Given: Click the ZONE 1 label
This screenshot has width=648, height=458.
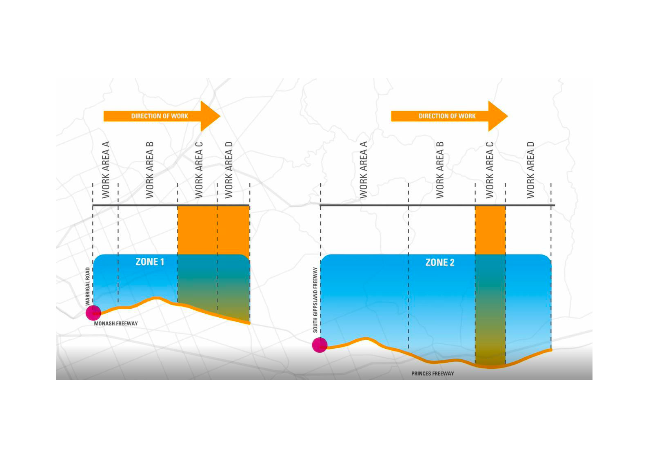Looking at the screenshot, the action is coord(150,262).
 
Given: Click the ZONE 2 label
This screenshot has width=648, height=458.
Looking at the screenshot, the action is coord(439,263).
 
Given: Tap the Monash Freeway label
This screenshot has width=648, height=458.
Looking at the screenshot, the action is coord(116,323).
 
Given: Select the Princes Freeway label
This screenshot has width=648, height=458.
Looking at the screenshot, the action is coord(433,374).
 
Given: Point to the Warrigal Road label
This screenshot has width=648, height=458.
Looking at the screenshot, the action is coord(88,286).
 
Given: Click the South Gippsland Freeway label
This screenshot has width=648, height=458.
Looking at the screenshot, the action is coord(315,300).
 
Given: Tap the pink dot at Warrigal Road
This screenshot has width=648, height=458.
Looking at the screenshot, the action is coord(93,313).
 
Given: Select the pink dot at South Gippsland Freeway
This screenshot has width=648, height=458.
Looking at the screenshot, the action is coord(320,345).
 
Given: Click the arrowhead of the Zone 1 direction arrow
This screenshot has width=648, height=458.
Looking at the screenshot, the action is coord(210,116).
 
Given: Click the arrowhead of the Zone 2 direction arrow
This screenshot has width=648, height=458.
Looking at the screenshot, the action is coord(497,116).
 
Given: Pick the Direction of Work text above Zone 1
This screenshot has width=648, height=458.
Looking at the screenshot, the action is coord(160,116).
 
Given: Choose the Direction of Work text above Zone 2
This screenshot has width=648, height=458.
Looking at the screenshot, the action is coord(447,116).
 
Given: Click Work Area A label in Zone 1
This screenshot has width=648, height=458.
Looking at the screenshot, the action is coord(106,170).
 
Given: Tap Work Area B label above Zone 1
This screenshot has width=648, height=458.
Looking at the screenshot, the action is coord(150,170).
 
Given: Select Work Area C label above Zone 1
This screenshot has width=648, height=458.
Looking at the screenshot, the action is coord(199,170).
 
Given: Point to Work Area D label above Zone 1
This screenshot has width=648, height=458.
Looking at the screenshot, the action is coord(229,170).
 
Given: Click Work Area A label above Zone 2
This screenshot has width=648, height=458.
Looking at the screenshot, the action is coord(363,170).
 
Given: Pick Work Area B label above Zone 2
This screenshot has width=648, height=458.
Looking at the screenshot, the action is coord(440,170).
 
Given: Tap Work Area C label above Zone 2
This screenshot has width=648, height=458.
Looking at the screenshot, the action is coord(490,170).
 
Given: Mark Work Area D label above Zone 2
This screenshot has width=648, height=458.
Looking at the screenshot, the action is coord(530,170).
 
